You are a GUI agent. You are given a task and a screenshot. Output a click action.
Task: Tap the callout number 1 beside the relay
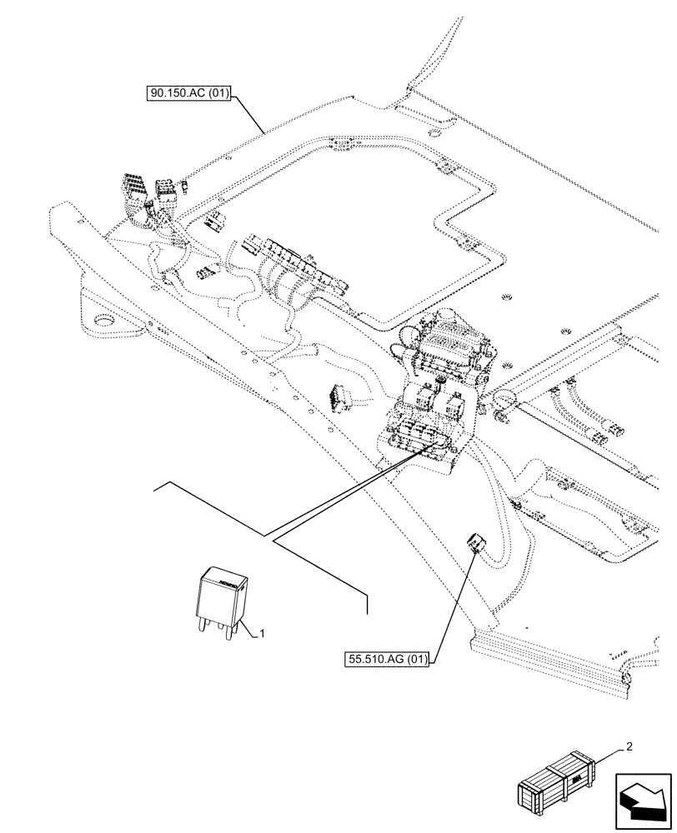point(262,633)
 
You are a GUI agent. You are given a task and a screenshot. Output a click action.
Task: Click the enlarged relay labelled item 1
point(222,598)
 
